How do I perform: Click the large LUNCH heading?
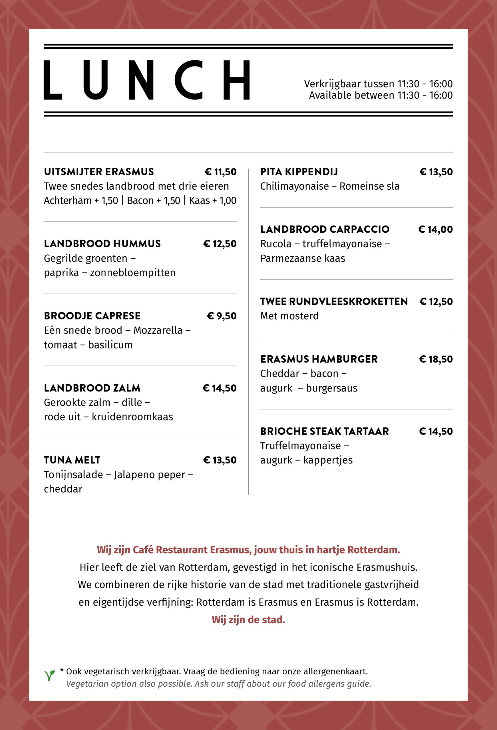click(x=146, y=80)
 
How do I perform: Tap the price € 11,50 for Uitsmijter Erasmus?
click(x=220, y=172)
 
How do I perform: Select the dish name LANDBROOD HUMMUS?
click(x=102, y=244)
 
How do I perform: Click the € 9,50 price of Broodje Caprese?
click(x=222, y=316)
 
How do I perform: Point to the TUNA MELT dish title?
click(x=72, y=460)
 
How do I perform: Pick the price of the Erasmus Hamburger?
click(x=436, y=359)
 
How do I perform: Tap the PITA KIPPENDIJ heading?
click(x=299, y=172)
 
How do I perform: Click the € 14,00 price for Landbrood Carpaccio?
click(x=435, y=230)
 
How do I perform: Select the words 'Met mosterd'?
click(x=289, y=316)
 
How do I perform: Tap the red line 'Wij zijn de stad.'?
click(x=248, y=620)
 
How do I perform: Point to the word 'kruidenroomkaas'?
click(x=132, y=417)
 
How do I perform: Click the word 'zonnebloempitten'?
click(x=133, y=273)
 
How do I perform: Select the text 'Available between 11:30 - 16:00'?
click(x=381, y=95)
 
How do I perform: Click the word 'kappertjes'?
click(x=328, y=460)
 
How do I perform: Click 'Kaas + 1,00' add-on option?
click(x=212, y=200)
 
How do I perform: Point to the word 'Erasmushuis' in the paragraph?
click(x=387, y=567)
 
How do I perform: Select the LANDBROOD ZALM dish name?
click(x=92, y=388)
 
